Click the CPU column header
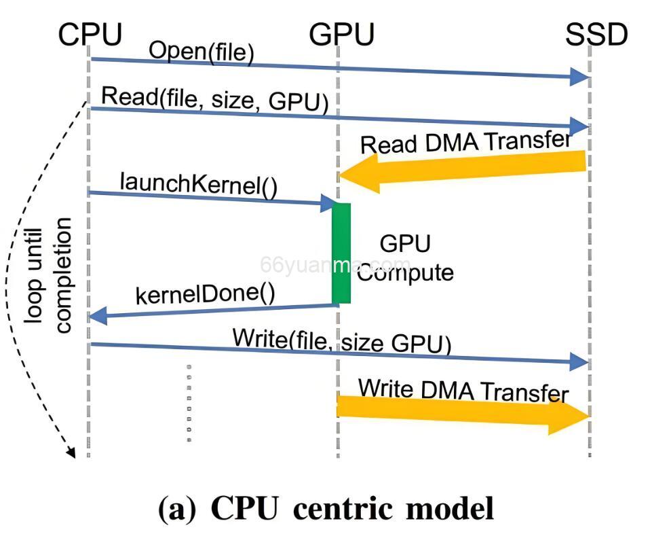tap(90, 34)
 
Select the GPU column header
tap(341, 34)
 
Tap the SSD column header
tap(596, 34)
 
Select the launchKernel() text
tap(198, 184)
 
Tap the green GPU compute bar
tap(341, 253)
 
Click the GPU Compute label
tap(405, 258)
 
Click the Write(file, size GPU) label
tap(341, 340)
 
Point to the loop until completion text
tap(48, 276)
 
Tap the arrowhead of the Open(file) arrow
tap(581, 77)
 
